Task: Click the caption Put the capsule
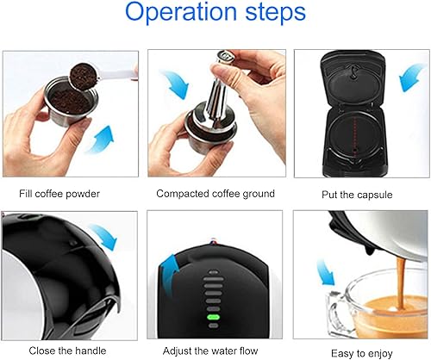tap(356, 193)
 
